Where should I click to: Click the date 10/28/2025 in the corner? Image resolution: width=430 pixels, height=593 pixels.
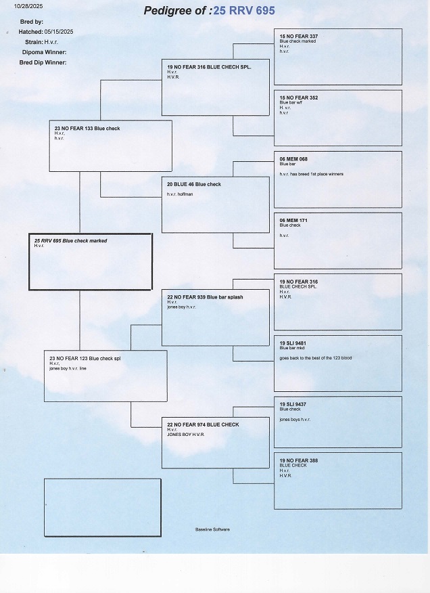point(24,6)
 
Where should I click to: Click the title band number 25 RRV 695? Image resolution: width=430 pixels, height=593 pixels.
point(243,10)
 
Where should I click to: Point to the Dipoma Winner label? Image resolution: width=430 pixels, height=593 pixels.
point(44,51)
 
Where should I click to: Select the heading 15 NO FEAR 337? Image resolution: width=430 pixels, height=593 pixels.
point(298,36)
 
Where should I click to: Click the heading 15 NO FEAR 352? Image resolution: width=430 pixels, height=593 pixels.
point(298,97)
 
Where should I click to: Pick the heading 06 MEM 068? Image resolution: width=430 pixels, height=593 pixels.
point(293,159)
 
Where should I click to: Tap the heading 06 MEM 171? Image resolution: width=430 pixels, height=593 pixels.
point(293,220)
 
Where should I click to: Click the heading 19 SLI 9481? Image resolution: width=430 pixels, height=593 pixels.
point(293,343)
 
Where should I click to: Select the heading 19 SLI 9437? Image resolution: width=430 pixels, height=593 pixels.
point(293,404)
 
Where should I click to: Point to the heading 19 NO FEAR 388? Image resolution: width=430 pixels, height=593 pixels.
point(298,460)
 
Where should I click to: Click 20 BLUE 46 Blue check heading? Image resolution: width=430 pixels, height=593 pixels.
point(194,184)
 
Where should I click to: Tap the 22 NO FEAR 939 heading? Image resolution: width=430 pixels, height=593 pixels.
point(205,297)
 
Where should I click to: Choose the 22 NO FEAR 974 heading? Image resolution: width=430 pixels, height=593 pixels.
point(203,424)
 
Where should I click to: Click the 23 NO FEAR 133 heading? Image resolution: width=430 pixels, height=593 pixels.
point(87,128)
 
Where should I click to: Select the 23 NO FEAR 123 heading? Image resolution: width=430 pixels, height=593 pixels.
point(85,358)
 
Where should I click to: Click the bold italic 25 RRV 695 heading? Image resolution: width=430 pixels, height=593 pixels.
point(70,240)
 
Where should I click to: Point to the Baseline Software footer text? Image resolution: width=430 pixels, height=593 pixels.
point(212,529)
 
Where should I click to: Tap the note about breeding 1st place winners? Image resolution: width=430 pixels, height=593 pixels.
point(311,174)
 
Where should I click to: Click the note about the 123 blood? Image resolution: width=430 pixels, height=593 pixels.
point(315,358)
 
